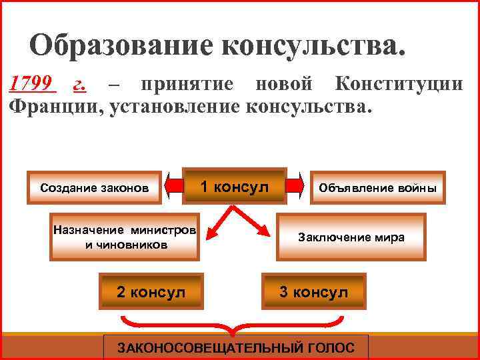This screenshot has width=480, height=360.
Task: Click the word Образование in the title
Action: coord(121,45)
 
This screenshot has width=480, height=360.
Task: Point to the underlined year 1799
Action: coord(31,85)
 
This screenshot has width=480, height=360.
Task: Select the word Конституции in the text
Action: coord(399,85)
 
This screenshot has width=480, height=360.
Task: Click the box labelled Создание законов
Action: coord(95,187)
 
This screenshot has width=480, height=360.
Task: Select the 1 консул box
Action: coord(235,186)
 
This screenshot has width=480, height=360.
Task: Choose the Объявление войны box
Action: coord(378,187)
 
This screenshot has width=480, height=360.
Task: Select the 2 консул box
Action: coord(151,292)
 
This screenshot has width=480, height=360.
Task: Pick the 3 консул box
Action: coord(314,292)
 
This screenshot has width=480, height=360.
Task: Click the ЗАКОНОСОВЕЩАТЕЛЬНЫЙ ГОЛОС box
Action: coord(236,347)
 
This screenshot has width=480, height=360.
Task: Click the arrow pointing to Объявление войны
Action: coord(297,186)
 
